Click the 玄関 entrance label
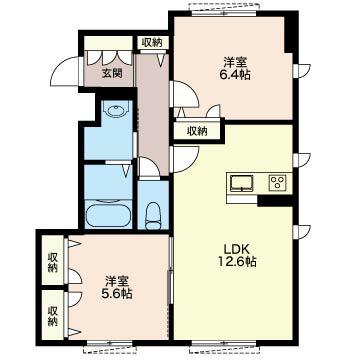pos(112,73)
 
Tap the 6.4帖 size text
pos(237,75)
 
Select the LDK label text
pos(237,249)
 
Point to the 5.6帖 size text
pos(117,294)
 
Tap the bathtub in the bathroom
pos(109,212)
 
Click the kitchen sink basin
pos(242,184)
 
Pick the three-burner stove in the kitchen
pos(278,183)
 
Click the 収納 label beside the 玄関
pos(152,43)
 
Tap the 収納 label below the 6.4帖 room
pos(197,132)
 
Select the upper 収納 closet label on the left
pos(53,263)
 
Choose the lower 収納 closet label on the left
pos(53,316)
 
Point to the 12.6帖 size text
pos(237,262)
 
